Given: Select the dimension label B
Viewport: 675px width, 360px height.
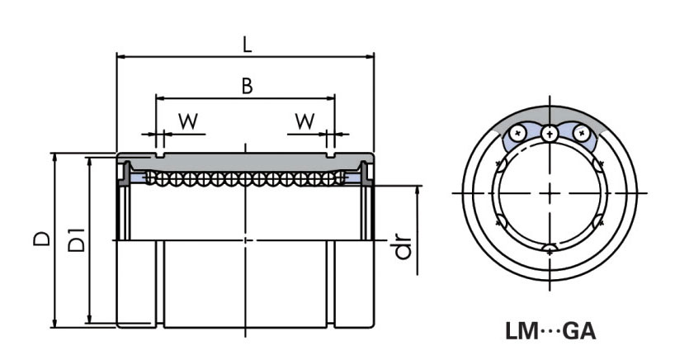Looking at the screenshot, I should coord(246,85).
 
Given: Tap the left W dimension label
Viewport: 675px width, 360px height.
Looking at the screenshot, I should coord(188,121).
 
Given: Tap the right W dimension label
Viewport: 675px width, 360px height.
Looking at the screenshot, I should coord(304,121).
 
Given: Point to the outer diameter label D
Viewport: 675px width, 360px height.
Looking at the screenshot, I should coord(41,239).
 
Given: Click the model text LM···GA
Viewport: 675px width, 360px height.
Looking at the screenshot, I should coord(550,333).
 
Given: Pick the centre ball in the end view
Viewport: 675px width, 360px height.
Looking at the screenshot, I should coord(550,133).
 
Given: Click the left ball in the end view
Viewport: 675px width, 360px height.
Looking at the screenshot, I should coord(519,132).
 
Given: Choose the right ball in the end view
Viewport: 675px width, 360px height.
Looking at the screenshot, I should coord(580,132).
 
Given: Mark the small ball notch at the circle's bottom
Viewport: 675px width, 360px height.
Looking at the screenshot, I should coord(550,249).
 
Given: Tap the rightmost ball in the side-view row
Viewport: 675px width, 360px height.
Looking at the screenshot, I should coord(340,177).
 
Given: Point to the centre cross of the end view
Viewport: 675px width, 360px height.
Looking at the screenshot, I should coord(550,192).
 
